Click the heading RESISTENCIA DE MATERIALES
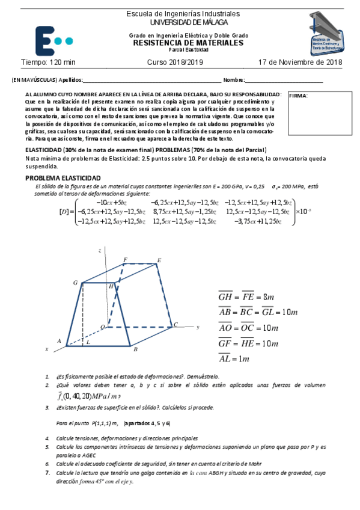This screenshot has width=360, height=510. [x=188, y=43]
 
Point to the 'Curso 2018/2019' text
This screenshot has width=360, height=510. [x=175, y=63]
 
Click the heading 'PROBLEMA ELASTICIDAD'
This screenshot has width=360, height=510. [x=63, y=178]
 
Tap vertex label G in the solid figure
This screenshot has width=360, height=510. [x=75, y=282]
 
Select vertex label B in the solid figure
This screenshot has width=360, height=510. [x=136, y=349]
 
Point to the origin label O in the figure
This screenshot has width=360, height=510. [x=102, y=327]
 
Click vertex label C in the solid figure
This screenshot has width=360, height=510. [x=175, y=325]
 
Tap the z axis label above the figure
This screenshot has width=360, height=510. [x=99, y=249]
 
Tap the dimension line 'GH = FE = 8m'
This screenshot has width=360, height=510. [x=246, y=296]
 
